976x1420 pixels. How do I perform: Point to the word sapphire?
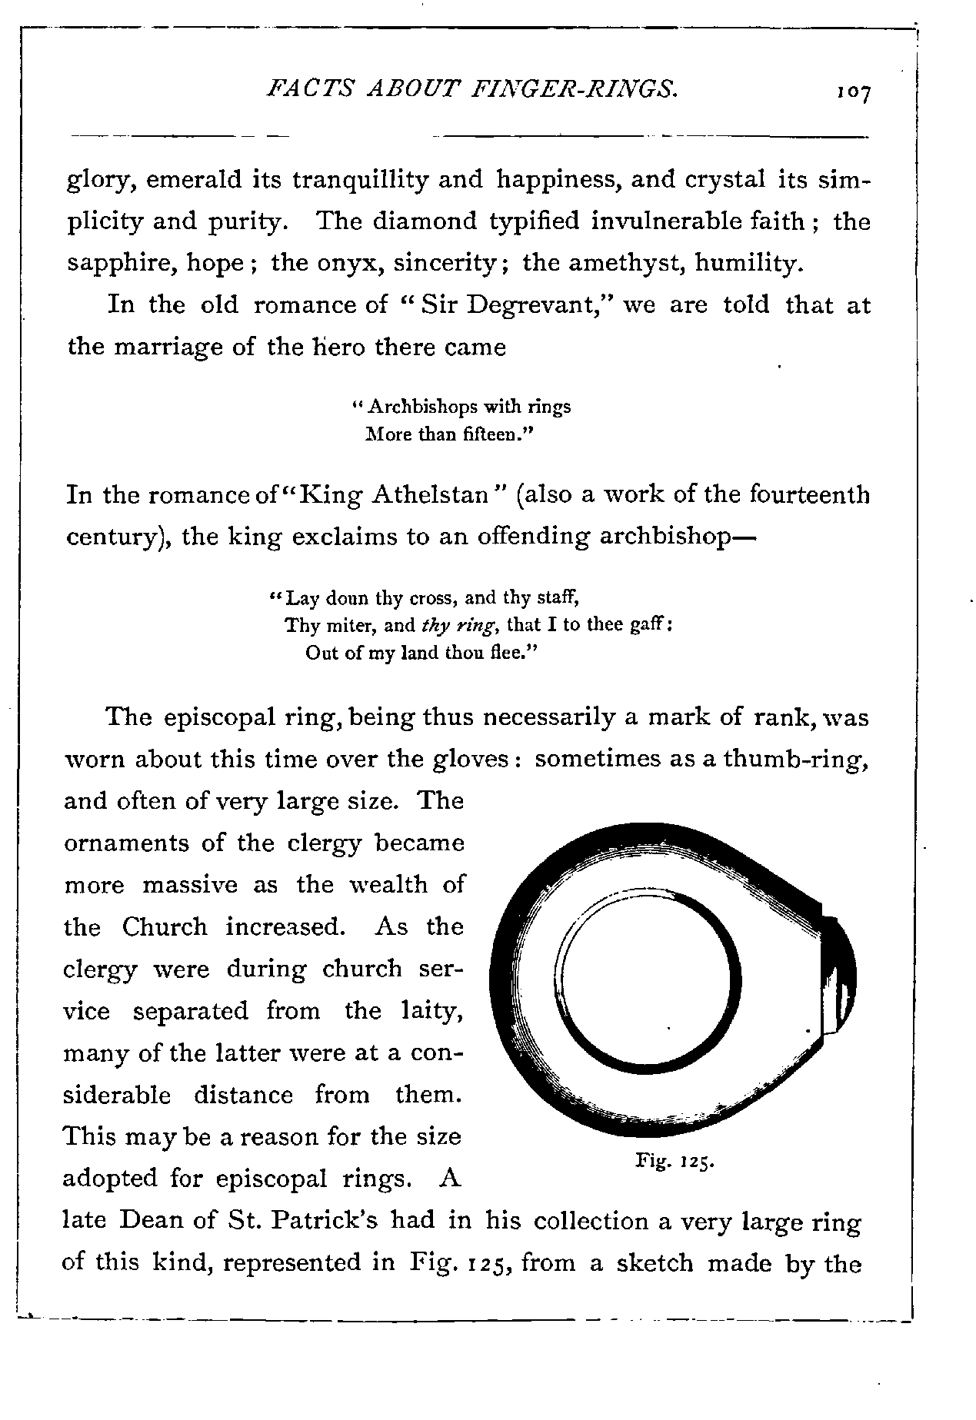pos(112,264)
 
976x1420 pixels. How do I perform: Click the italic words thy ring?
pos(457,626)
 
